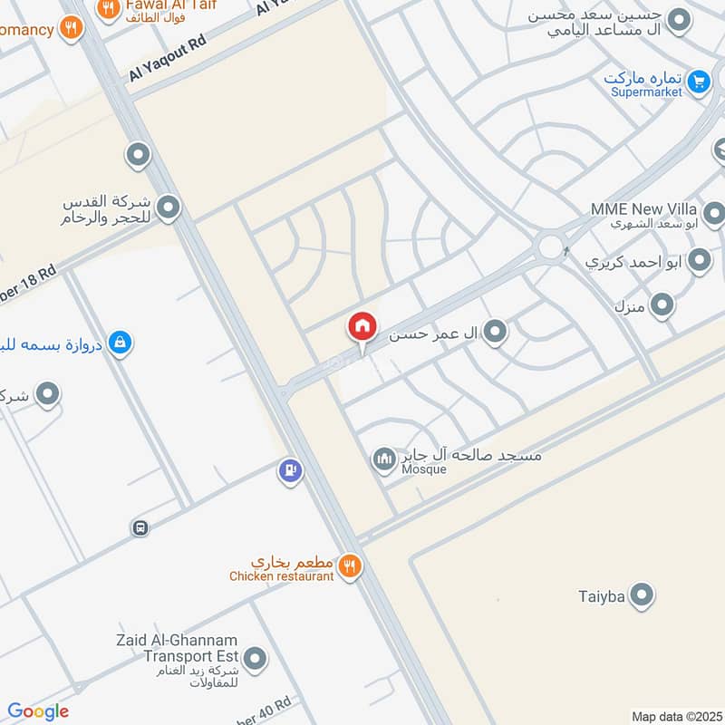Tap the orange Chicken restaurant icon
[350, 568]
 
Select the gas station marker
[290, 471]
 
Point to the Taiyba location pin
[642, 595]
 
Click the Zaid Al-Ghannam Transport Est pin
[256, 659]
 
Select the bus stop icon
[140, 527]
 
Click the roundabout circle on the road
[550, 246]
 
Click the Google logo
[38, 711]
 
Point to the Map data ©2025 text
[675, 716]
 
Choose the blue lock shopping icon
[119, 343]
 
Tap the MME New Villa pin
[713, 215]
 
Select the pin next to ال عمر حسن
[494, 333]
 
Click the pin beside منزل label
[662, 304]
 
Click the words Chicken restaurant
[281, 576]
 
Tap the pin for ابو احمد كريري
[699, 262]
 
